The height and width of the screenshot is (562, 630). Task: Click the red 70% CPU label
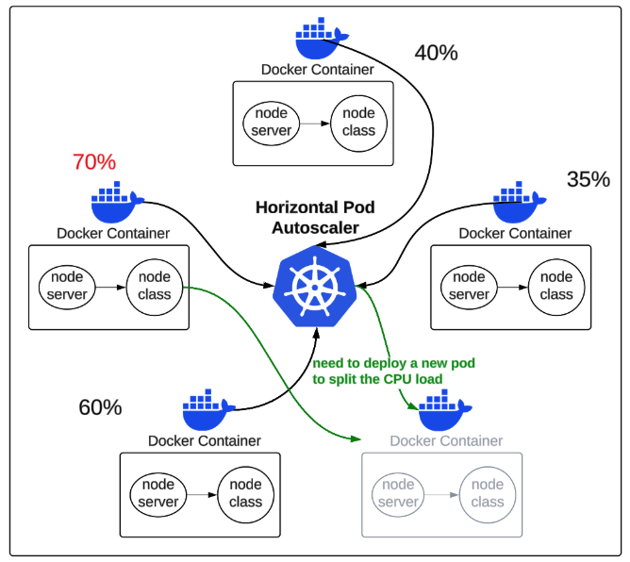click(94, 162)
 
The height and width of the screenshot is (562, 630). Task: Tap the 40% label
click(436, 53)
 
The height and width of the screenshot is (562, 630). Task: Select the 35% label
click(589, 179)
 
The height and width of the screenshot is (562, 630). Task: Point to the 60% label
click(100, 407)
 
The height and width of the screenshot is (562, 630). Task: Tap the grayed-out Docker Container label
click(446, 440)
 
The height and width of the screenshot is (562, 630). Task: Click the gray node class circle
click(488, 493)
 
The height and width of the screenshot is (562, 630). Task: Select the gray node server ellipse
click(398, 493)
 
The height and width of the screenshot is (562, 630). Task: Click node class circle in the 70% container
click(154, 286)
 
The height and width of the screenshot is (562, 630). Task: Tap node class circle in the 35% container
click(555, 286)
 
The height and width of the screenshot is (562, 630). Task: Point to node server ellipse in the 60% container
click(157, 493)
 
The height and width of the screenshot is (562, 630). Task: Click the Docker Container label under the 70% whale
click(113, 233)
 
